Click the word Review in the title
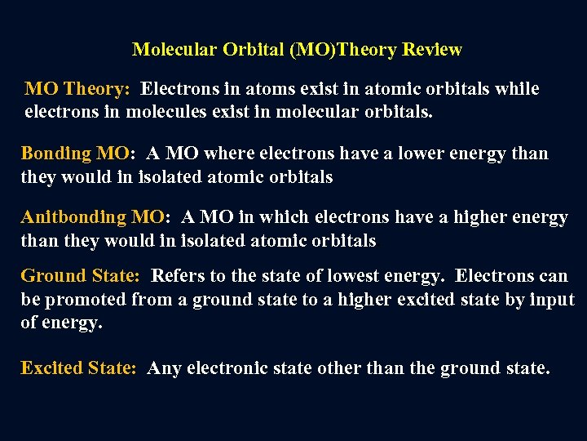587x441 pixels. pos(431,50)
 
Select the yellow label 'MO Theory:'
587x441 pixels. pos(77,88)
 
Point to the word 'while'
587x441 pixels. pos(514,88)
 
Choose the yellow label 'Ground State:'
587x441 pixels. pos(80,276)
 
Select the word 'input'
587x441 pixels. pos(552,300)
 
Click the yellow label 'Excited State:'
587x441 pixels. pos(78,368)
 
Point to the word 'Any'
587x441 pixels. pos(165,368)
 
